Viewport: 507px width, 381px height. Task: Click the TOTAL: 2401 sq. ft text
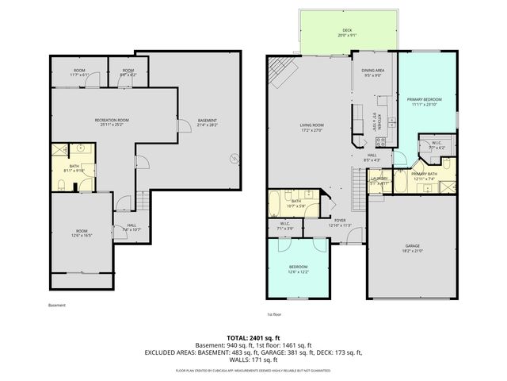253,337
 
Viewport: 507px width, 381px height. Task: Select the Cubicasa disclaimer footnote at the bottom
253,371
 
